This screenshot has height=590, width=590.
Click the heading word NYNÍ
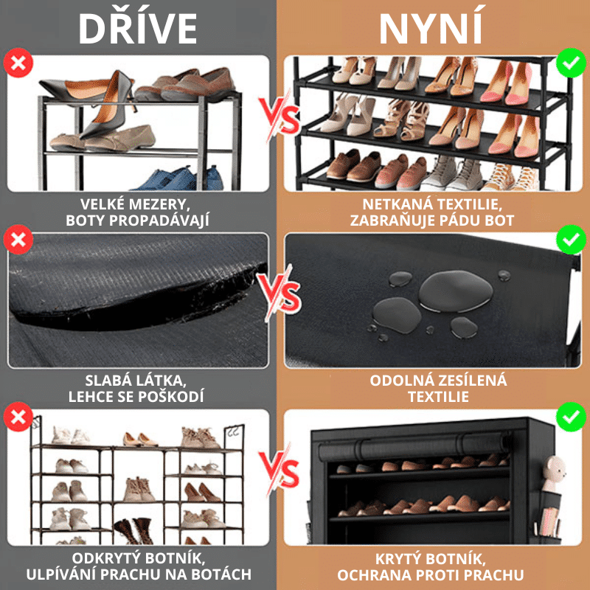(431, 27)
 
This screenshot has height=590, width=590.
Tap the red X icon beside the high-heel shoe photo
(18, 63)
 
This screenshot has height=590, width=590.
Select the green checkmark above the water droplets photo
(571, 239)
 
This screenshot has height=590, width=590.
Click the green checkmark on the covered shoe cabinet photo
(571, 417)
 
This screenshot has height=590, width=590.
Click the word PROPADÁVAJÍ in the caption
(159, 221)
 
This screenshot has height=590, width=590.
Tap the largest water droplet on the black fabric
(456, 291)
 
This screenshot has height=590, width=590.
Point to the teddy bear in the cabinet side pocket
(553, 473)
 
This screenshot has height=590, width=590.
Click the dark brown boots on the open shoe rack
(134, 530)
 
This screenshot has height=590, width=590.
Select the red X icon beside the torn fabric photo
(18, 239)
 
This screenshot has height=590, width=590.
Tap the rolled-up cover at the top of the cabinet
(414, 448)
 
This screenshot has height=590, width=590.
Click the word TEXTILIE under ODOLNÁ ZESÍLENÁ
(438, 397)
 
